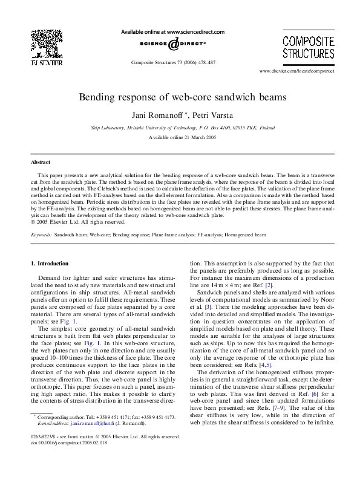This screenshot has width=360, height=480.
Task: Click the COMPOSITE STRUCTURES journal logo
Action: click(308, 47)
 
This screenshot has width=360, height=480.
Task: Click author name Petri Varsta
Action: click(207, 115)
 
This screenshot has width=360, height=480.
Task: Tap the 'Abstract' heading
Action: click(41, 163)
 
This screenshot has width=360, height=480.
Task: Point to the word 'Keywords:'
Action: click(41, 233)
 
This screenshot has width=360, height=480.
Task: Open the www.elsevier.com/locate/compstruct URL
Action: click(296, 71)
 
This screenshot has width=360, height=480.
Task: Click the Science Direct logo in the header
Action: click(173, 44)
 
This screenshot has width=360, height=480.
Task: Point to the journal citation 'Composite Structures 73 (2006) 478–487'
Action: click(173, 62)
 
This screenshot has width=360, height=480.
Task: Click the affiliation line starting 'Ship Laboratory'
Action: click(180, 128)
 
